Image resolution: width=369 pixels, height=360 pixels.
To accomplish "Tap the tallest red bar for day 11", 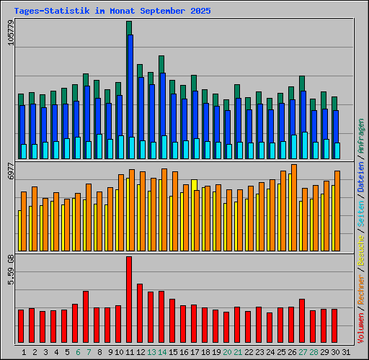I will click(x=129, y=300).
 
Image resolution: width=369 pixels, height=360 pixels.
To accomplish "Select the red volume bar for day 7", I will click(x=86, y=318).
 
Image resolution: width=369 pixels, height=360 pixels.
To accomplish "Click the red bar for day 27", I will click(x=302, y=321).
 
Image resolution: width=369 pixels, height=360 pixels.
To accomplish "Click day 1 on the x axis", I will click(x=25, y=352).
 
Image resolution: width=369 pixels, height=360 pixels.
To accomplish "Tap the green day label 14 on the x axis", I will click(x=162, y=352).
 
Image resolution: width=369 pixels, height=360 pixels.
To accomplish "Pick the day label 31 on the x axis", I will click(x=346, y=352).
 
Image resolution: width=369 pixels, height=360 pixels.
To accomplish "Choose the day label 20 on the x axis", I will click(x=227, y=352).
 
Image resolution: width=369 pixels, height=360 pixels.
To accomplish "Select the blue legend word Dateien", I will click(x=361, y=181).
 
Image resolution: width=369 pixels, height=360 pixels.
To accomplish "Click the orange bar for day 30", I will click(x=337, y=210).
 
